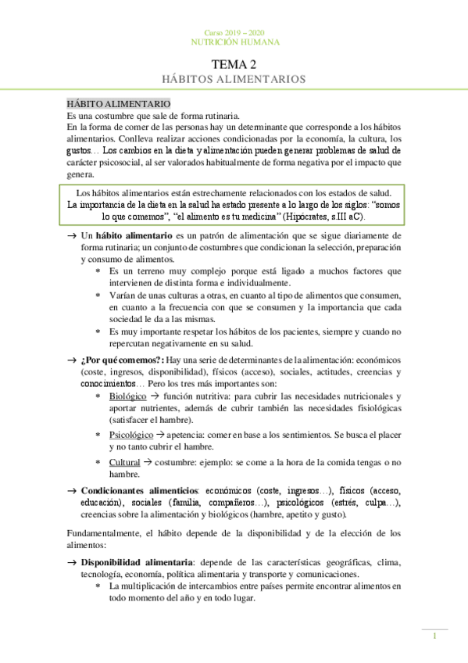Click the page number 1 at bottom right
(434, 637)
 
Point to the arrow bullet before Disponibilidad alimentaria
(71, 563)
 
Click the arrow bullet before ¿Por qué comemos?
(71, 360)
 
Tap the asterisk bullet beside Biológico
(98, 398)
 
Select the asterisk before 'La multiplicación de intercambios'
(98, 586)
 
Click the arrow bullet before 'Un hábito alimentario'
(71, 235)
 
